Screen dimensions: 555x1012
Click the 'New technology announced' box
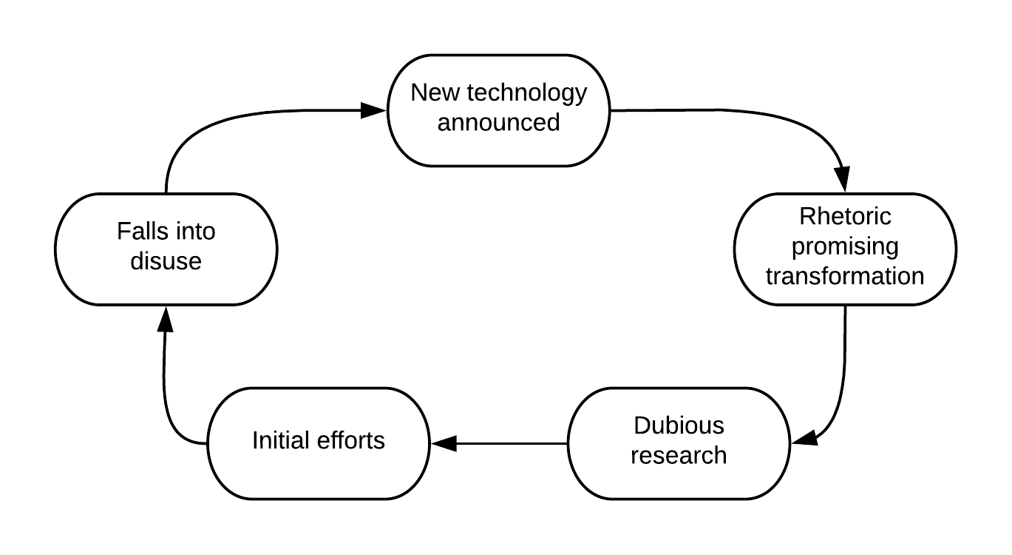[499, 110]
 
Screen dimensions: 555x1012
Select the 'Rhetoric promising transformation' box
[845, 248]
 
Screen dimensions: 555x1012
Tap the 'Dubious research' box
[679, 442]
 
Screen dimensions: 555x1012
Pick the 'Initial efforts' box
[319, 442]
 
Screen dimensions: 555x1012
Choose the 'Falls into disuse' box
[166, 248]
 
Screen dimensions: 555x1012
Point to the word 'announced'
[499, 122]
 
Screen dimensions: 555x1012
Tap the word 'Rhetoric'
[845, 217]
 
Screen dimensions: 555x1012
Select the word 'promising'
[845, 246]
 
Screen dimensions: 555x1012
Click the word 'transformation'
[845, 276]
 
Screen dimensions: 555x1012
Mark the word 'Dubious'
[679, 426]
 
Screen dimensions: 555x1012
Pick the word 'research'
[679, 455]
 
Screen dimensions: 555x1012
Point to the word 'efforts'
[350, 441]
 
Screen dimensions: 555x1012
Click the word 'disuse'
[166, 261]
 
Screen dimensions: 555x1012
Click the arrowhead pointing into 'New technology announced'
[374, 111]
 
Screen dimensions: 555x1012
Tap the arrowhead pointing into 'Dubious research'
[804, 438]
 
